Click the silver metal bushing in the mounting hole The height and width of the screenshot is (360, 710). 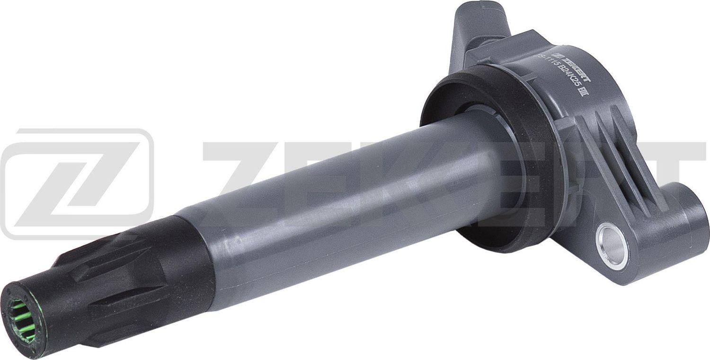coord(613,246)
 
